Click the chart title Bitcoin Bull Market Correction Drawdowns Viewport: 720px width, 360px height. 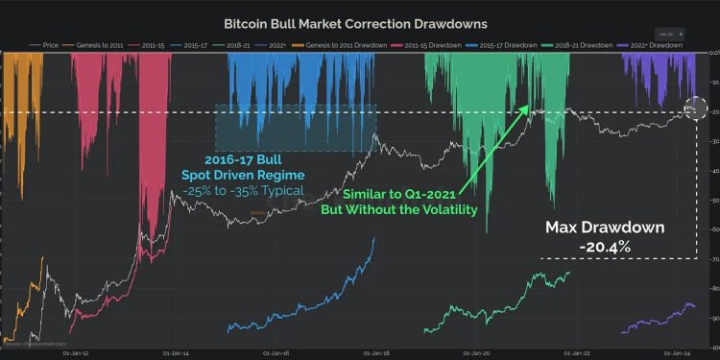click(355, 22)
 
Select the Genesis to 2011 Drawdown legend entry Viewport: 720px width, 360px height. click(330, 44)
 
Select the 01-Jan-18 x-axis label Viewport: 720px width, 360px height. click(375, 352)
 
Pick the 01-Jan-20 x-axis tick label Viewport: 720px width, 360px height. click(478, 352)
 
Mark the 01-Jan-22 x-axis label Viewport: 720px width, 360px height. click(580, 352)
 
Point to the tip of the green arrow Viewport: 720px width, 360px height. click(530, 106)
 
